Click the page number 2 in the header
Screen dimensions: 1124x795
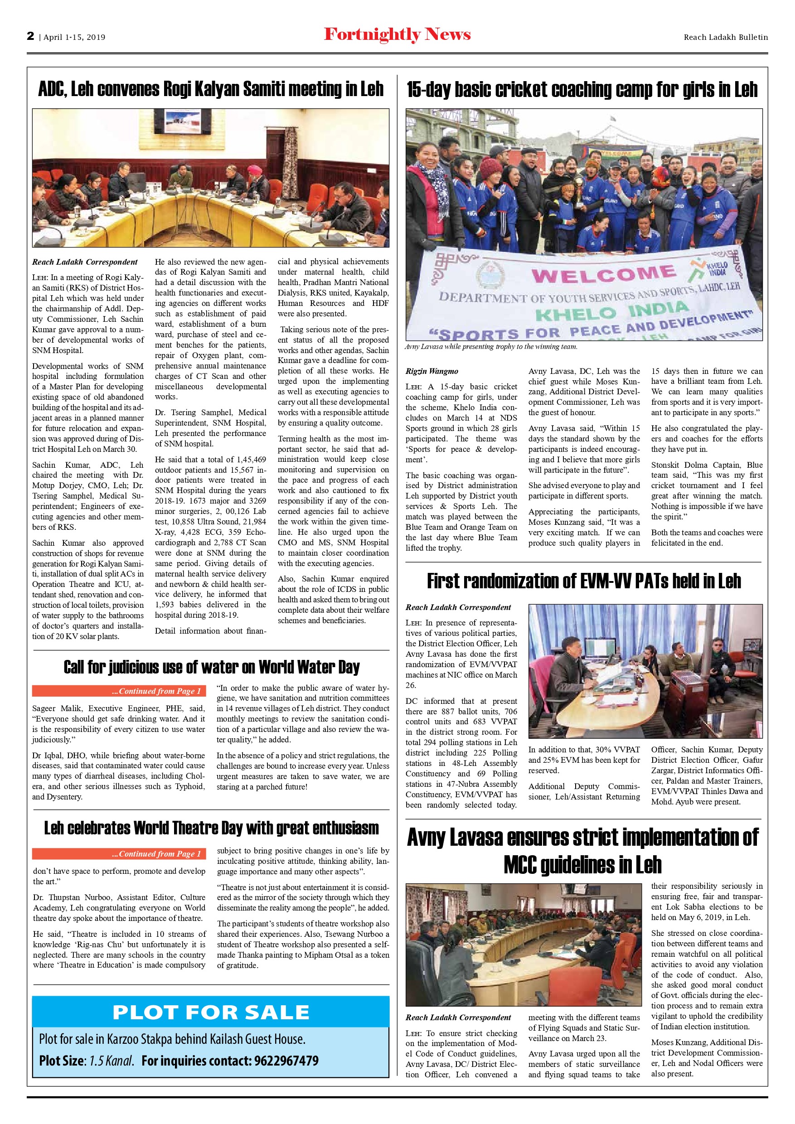pyautogui.click(x=31, y=36)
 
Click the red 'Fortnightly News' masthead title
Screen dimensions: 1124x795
pyautogui.click(x=397, y=35)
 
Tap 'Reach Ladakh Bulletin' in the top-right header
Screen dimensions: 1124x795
pyautogui.click(x=726, y=37)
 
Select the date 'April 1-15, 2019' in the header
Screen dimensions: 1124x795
pyautogui.click(x=74, y=37)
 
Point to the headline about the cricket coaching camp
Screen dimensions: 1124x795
pyautogui.click(x=582, y=90)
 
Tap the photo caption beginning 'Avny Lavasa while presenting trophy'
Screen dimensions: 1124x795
pyautogui.click(x=491, y=347)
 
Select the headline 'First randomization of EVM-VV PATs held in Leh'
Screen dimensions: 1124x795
pyautogui.click(x=583, y=581)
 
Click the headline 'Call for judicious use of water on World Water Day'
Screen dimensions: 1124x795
pyautogui.click(x=212, y=667)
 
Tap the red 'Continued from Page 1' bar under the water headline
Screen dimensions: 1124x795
pyautogui.click(x=119, y=691)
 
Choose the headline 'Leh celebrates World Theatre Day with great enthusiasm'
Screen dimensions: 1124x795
pyautogui.click(x=212, y=828)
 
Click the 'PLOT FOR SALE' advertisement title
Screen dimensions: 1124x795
pyautogui.click(x=211, y=1013)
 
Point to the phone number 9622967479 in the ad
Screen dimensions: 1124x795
pyautogui.click(x=286, y=1061)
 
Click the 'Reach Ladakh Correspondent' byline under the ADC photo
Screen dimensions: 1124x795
pyautogui.click(x=85, y=262)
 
